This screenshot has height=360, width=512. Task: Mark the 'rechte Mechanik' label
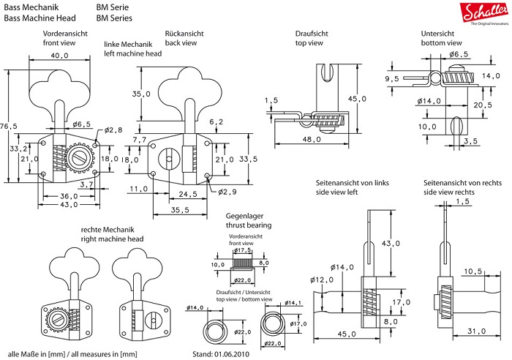108,230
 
